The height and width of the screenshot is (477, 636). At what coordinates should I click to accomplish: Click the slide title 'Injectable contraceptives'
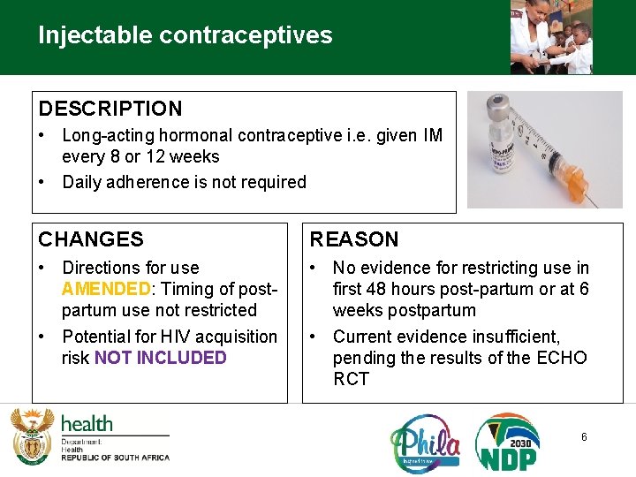(185, 35)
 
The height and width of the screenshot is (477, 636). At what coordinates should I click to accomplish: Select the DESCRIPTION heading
(110, 109)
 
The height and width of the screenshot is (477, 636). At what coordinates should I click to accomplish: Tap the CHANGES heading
(91, 239)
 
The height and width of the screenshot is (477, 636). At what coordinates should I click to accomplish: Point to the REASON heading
(353, 239)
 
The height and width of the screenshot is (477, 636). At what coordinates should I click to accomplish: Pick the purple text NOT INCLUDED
(160, 358)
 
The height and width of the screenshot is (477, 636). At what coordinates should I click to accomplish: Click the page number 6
(584, 437)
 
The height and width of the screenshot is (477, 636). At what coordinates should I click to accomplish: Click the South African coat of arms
(33, 435)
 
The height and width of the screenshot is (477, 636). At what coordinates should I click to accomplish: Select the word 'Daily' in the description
(82, 183)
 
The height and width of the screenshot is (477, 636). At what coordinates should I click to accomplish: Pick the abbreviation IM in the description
(432, 136)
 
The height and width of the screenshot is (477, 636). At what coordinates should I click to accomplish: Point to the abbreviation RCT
(351, 379)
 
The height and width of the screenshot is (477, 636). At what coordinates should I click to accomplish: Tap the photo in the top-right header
(551, 37)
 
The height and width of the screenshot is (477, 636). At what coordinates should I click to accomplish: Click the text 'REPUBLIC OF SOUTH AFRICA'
(115, 458)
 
